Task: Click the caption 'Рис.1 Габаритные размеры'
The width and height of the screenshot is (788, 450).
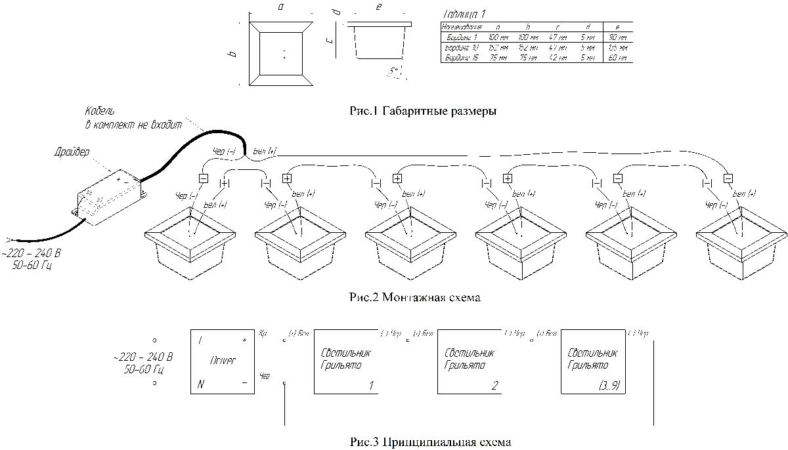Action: [x=423, y=112]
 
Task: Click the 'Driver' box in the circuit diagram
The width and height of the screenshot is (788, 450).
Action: [x=222, y=361]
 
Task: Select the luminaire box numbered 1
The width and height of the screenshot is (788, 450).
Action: [x=346, y=361]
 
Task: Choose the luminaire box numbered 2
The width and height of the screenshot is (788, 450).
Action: [x=470, y=361]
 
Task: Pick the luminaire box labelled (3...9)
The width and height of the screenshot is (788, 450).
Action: [x=594, y=361]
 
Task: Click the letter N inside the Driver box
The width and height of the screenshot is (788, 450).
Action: [x=200, y=384]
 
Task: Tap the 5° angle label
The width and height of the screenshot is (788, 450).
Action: [x=395, y=71]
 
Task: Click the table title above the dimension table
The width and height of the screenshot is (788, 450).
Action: [x=466, y=13]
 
